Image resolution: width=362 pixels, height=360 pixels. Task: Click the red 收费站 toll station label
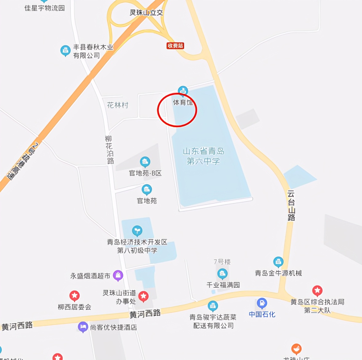175,46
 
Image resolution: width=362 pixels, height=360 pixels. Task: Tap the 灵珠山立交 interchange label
146,13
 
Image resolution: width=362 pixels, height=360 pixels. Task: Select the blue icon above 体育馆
183,91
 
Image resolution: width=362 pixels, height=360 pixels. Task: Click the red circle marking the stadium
177,110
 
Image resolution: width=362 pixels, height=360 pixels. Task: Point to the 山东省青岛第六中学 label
203,156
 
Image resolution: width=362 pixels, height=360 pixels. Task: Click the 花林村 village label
118,105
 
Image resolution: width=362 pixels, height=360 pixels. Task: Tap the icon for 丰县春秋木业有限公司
65,50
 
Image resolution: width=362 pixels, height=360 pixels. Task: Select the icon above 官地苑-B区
145,161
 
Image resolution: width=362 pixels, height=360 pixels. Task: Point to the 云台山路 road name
291,206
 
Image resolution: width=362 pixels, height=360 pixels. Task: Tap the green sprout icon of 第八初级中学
137,230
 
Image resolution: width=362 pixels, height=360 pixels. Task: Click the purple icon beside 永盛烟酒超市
118,275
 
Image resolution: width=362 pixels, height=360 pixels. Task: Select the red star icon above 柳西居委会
74,296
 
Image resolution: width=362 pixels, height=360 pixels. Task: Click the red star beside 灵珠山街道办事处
144,296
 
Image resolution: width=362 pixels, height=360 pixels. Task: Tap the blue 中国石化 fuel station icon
262,303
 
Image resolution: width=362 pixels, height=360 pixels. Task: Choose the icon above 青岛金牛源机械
278,262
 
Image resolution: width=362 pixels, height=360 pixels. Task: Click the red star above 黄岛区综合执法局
317,290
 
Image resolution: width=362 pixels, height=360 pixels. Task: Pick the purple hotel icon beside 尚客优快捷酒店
83,327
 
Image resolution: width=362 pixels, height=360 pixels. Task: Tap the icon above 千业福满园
222,273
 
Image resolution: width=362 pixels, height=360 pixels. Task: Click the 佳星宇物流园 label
45,8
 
